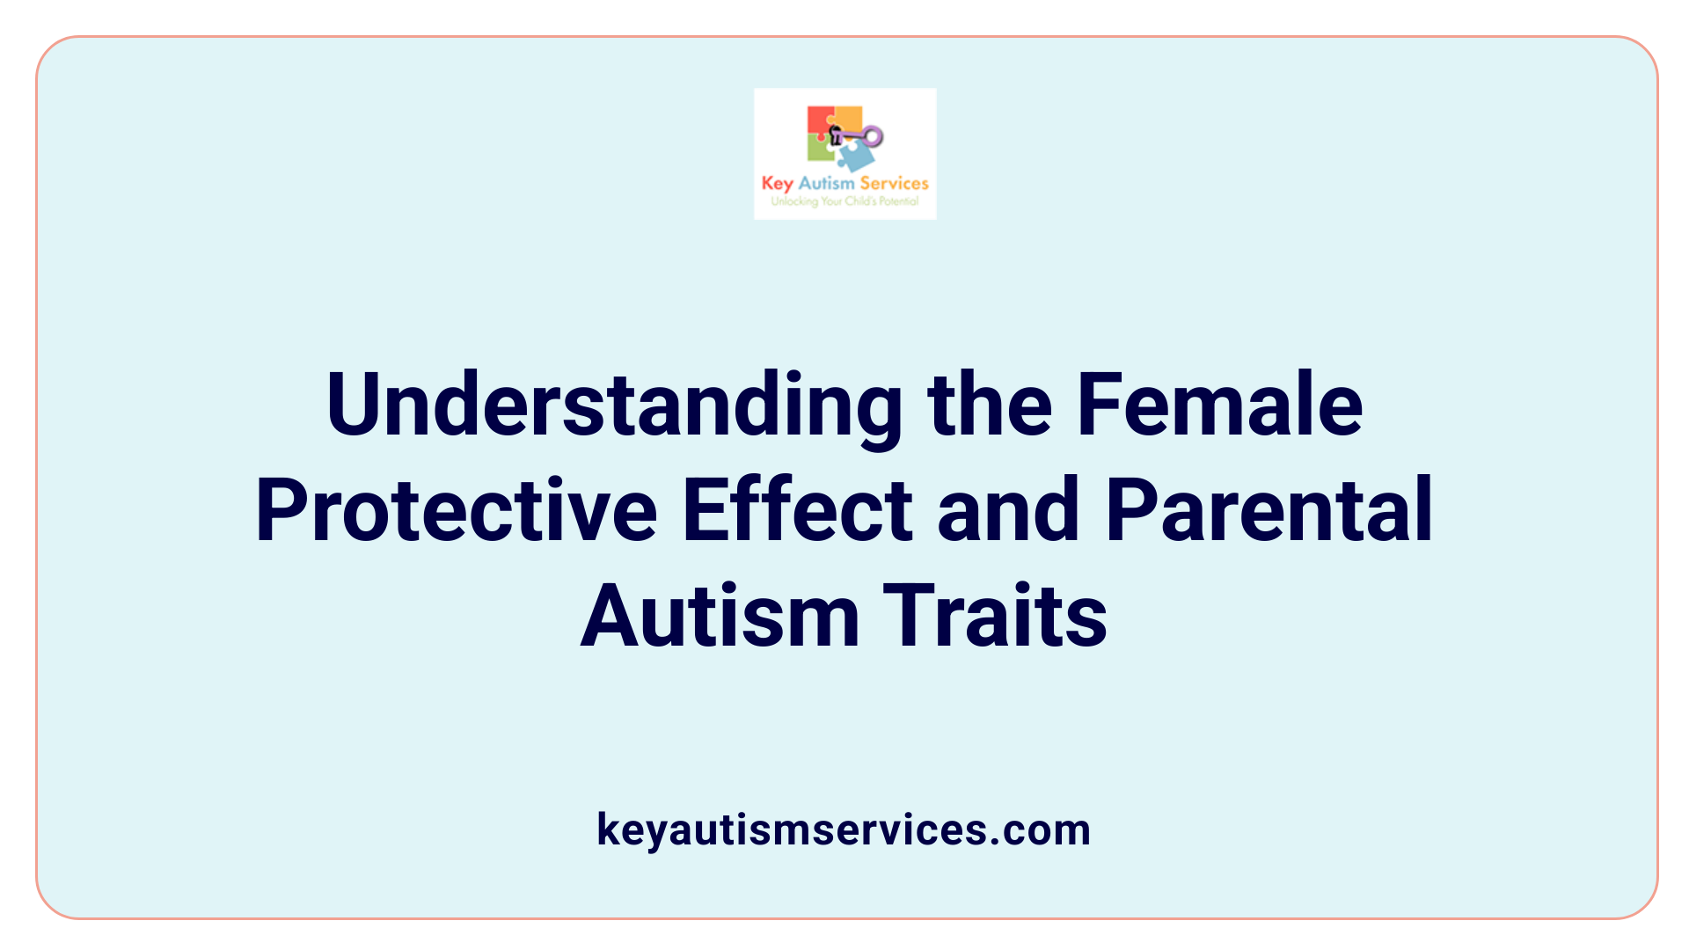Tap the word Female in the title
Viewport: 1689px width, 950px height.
1219,405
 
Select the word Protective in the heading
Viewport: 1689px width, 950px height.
456,510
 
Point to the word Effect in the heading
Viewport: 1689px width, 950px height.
798,510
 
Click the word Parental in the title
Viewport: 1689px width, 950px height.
1269,510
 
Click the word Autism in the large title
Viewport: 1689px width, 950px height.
720,617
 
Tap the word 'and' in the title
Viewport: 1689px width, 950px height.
1008,510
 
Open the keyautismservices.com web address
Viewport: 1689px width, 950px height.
844,829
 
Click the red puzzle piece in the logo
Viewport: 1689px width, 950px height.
819,121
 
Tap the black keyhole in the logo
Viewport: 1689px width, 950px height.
836,135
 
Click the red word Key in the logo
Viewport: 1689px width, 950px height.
778,184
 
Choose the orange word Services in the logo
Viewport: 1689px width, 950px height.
894,183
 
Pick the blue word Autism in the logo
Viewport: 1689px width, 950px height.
826,183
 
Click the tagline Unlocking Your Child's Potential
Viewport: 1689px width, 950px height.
844,201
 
